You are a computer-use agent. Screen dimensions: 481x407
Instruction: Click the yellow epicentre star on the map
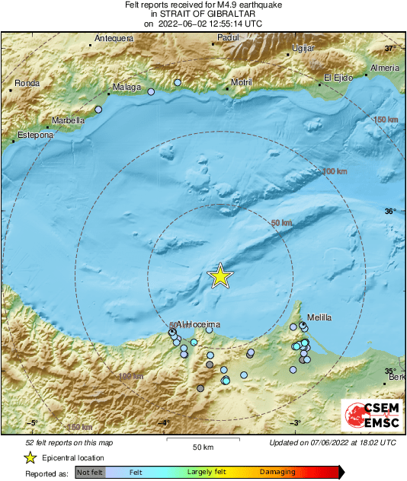coord(220,276)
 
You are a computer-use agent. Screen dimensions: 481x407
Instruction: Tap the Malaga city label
coord(127,88)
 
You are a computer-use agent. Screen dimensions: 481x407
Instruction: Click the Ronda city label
coord(27,82)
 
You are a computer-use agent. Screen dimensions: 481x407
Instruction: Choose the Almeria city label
coord(384,68)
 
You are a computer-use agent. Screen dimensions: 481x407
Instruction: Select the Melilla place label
coord(320,317)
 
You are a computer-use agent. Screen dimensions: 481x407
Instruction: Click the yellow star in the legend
coord(30,457)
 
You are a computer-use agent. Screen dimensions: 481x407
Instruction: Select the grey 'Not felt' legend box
coord(90,473)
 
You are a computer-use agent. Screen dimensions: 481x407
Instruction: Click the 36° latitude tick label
coord(390,211)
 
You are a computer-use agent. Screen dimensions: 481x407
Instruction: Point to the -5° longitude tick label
coord(32,423)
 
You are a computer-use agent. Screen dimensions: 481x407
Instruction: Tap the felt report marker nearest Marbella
coord(98,110)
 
